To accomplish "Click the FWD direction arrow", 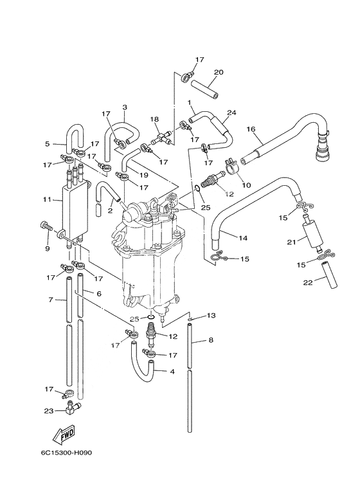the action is click(x=64, y=433).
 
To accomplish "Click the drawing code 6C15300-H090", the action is click(x=66, y=453).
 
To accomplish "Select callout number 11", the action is click(x=47, y=200).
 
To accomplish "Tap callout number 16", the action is click(x=251, y=129).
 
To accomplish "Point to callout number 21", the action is click(x=292, y=242).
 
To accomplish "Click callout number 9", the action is click(x=47, y=248).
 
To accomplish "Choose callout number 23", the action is click(x=48, y=411).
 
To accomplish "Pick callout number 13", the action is click(x=211, y=316).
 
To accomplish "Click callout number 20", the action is click(x=219, y=72).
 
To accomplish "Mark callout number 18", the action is click(x=154, y=119).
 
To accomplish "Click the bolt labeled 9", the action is click(x=46, y=228).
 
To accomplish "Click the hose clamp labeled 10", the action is click(x=232, y=167).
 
